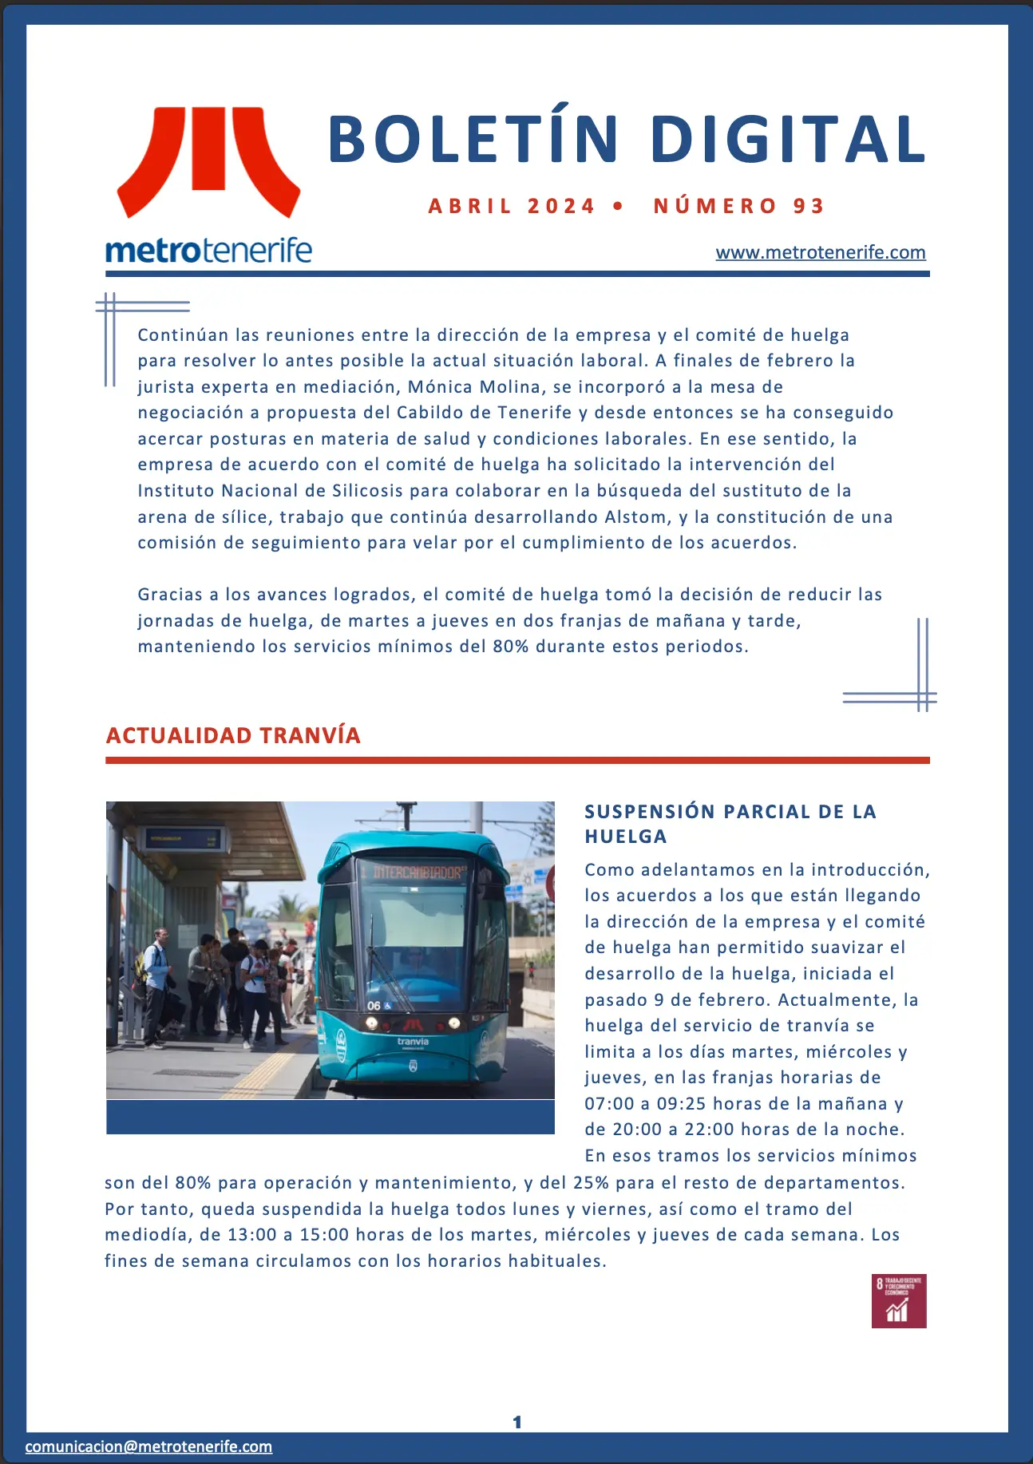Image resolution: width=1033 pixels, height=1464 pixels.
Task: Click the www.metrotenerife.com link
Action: [x=820, y=252]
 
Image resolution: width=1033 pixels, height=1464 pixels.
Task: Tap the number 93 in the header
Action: [x=808, y=206]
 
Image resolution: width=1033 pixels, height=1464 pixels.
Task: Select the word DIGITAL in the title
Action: [x=788, y=140]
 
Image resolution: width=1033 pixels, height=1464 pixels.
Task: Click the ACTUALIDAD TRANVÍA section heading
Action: [x=233, y=735]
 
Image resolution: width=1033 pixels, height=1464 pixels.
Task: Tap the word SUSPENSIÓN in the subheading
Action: [x=649, y=812]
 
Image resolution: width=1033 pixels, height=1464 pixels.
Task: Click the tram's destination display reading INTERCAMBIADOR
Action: [x=418, y=872]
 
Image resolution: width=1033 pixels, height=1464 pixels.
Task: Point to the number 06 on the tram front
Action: [x=374, y=1006]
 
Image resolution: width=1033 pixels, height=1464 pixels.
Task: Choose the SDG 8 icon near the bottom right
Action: [x=899, y=1301]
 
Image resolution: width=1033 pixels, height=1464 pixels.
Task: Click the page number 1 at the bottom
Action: [x=516, y=1422]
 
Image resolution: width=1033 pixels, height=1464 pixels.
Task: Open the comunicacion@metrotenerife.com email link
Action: [x=148, y=1446]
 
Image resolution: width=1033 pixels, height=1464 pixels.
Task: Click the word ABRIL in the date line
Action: [x=469, y=206]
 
